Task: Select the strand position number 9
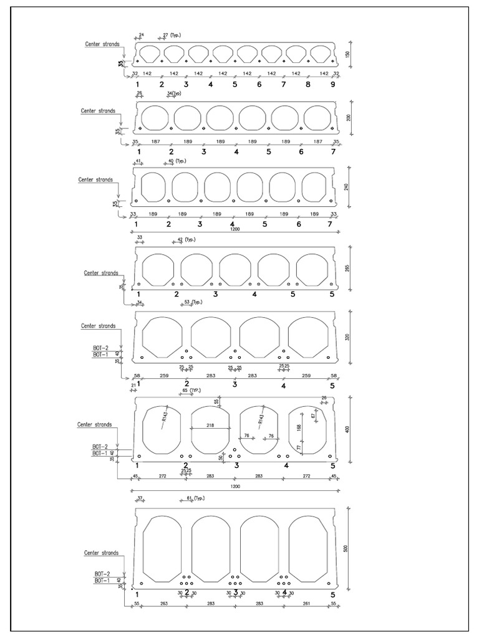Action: (x=333, y=84)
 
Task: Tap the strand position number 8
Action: (x=308, y=84)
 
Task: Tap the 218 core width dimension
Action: (x=210, y=425)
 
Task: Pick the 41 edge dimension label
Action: (x=139, y=161)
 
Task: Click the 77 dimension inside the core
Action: (x=299, y=447)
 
